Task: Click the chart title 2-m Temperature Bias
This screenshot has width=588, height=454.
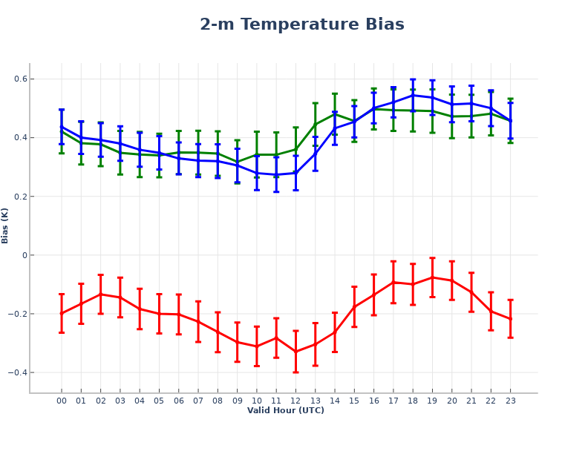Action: click(x=302, y=24)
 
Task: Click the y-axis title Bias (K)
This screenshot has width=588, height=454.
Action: click(x=6, y=226)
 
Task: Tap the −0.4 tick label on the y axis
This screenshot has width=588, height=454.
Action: click(x=16, y=372)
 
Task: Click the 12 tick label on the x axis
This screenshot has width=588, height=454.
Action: click(x=295, y=401)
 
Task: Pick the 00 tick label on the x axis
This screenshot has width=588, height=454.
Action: click(x=62, y=401)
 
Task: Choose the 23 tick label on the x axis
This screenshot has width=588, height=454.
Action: click(x=510, y=401)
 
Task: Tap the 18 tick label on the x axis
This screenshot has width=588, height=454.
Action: click(x=413, y=401)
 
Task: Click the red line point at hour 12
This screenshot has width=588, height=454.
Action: click(x=295, y=351)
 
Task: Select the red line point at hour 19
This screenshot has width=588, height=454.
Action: click(x=432, y=277)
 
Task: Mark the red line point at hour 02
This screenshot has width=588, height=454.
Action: click(x=100, y=294)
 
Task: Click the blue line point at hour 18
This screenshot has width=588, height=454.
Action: click(x=413, y=95)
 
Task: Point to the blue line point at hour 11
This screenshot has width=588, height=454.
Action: click(x=276, y=175)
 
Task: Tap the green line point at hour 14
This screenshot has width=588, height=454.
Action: click(x=335, y=113)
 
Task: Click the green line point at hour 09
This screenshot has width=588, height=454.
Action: click(x=237, y=162)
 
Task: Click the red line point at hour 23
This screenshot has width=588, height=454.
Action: click(x=510, y=319)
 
